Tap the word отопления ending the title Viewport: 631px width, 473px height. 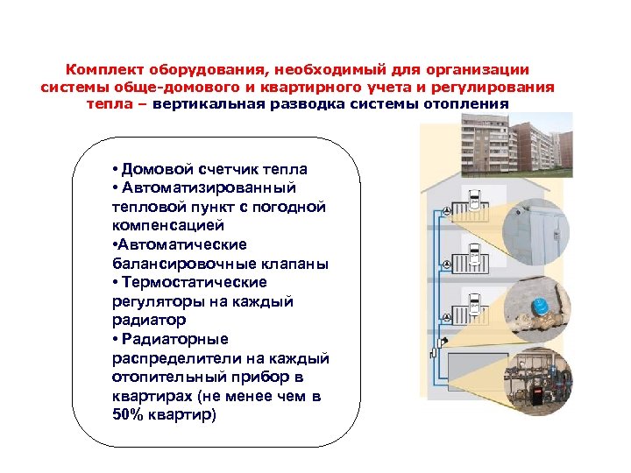(464, 104)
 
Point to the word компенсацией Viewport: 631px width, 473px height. (161, 225)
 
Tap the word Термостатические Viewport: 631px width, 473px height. (195, 282)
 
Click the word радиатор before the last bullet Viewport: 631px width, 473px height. (148, 320)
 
